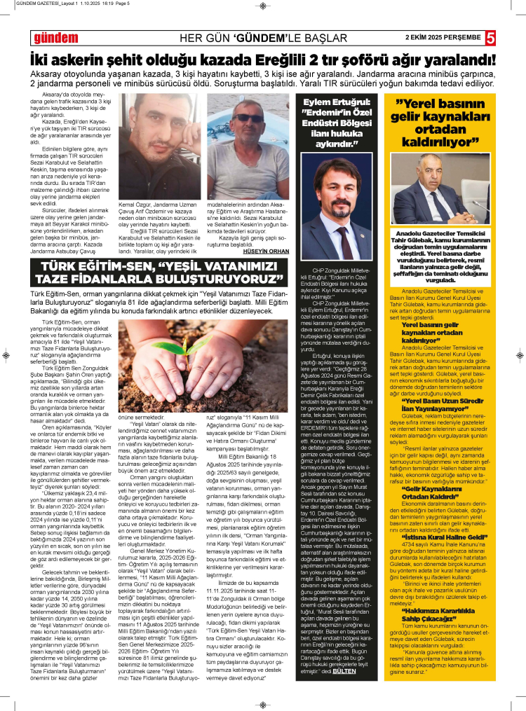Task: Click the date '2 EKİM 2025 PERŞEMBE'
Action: coord(443,37)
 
